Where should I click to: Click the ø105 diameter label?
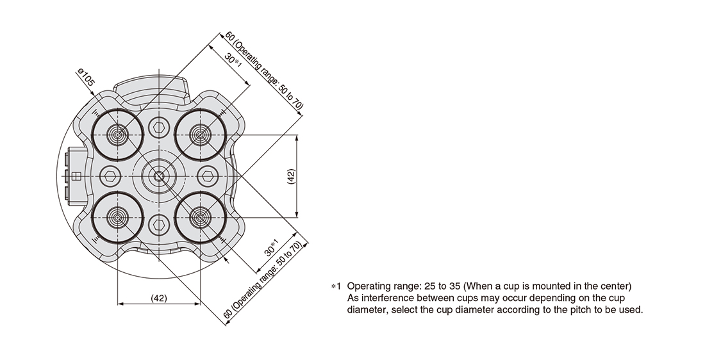pos(86,77)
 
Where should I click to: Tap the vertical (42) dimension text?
pos(290,176)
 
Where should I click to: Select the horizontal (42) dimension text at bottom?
pos(159,298)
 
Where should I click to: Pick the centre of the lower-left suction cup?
pos(117,218)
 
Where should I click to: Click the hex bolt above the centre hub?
pos(159,127)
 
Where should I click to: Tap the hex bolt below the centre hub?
pos(159,224)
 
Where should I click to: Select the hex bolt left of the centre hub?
pos(110,176)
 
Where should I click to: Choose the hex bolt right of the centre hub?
pos(207,176)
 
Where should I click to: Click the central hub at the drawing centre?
pos(159,176)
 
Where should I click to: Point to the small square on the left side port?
pos(76,176)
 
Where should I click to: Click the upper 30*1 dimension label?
pos(233,61)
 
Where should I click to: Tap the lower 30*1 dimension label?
pos(272,248)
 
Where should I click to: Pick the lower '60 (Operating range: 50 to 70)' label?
pos(263,281)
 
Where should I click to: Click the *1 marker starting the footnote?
pos(336,286)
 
